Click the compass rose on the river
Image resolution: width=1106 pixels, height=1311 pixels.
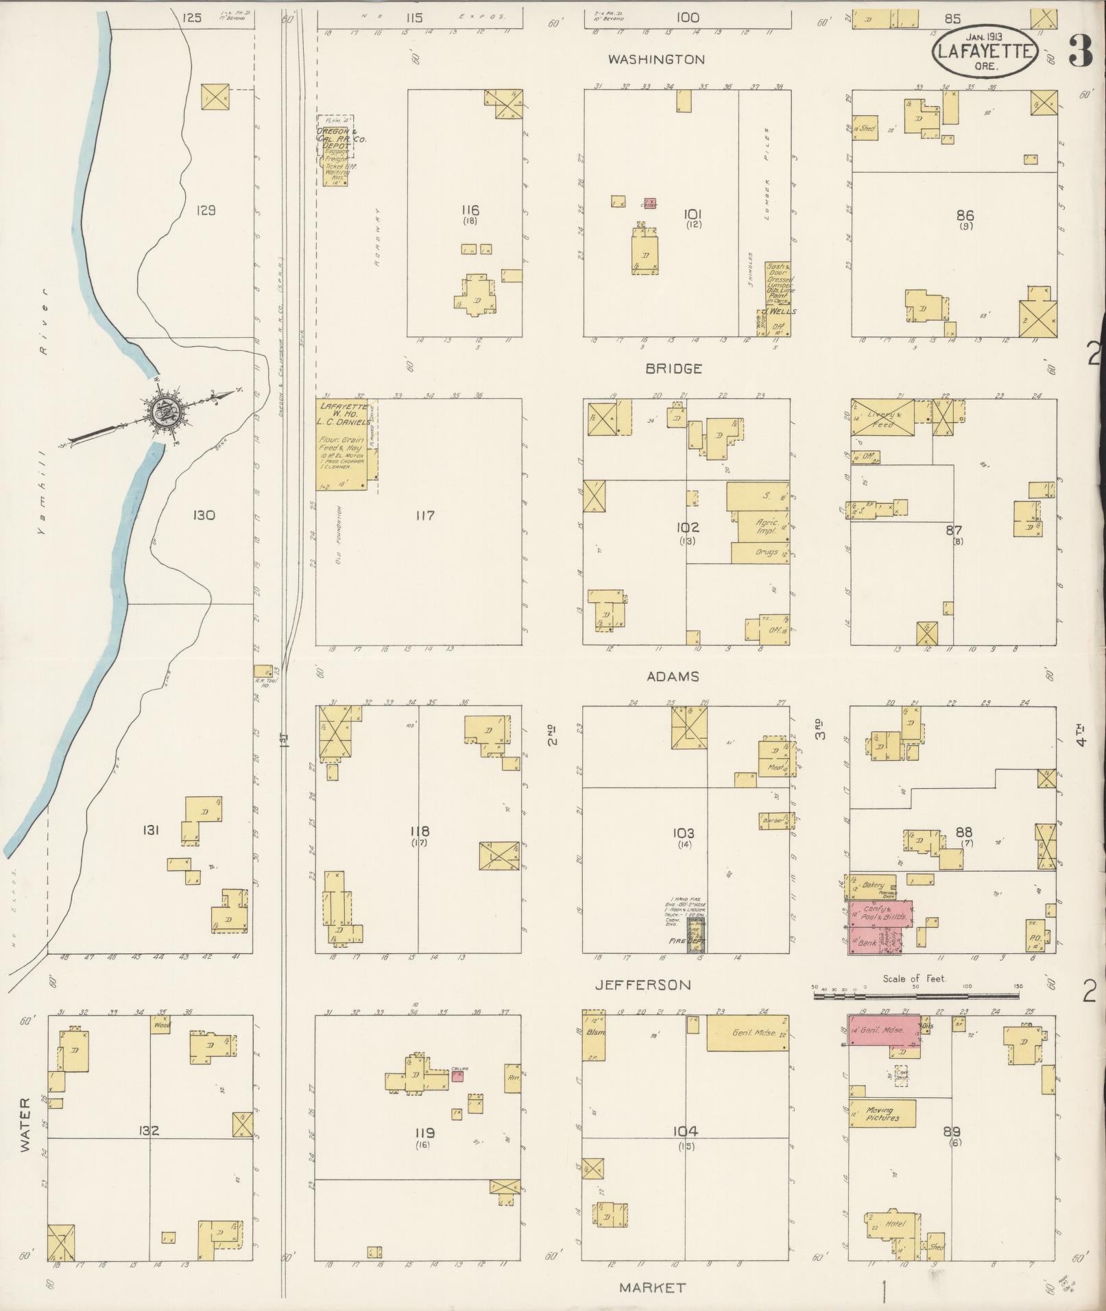pyautogui.click(x=165, y=411)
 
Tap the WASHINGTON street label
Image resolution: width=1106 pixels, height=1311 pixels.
pyautogui.click(x=656, y=60)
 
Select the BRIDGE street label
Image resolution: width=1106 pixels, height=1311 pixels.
pyautogui.click(x=673, y=369)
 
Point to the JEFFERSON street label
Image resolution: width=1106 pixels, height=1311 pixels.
pyautogui.click(x=642, y=985)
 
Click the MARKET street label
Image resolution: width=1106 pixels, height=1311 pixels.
pyautogui.click(x=651, y=1288)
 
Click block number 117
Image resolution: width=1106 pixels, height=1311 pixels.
pyautogui.click(x=424, y=515)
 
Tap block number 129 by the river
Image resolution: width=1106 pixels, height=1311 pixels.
pyautogui.click(x=205, y=210)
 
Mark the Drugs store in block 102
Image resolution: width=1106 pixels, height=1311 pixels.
pyautogui.click(x=758, y=552)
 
